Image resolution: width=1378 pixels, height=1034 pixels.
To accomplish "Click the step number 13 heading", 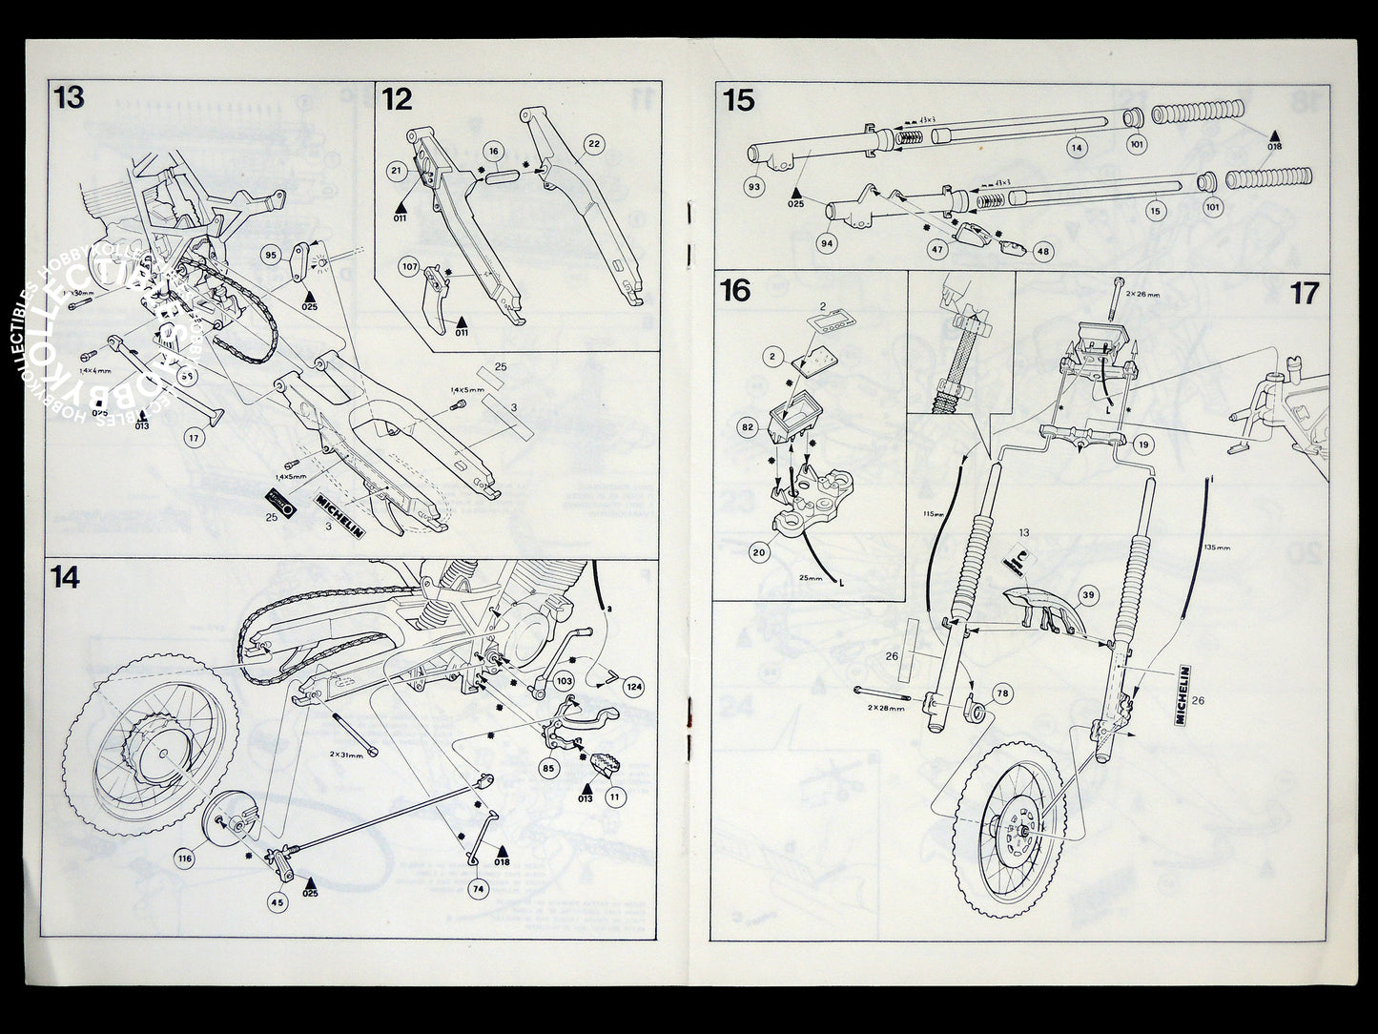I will coord(70,98).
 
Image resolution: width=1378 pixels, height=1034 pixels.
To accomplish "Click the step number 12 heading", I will coord(398,98).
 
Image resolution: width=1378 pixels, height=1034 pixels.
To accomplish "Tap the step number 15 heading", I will coord(740,100).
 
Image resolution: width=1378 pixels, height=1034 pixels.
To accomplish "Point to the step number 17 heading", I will coord(1305,293).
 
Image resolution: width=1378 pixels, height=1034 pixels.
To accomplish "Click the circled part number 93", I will coord(754,186).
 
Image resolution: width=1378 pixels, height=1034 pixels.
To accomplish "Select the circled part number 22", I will coord(593,143).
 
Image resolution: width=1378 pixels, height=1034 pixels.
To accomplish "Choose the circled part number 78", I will coord(1002,694).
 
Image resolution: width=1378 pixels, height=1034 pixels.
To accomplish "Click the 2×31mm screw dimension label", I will coord(345,754).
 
